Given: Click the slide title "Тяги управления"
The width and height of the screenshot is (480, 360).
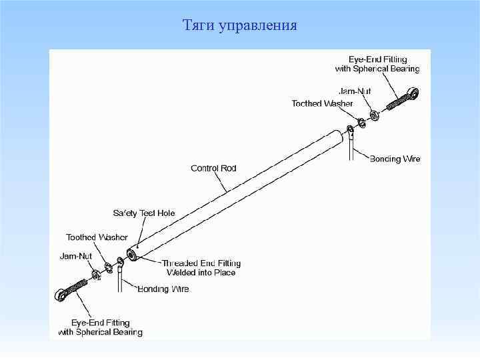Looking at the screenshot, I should (x=240, y=26).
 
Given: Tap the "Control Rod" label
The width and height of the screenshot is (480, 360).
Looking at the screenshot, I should (x=213, y=169).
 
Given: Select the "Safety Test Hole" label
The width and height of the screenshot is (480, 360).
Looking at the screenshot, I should (x=144, y=213).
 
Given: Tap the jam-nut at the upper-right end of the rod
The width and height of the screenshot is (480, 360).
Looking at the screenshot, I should (x=375, y=115).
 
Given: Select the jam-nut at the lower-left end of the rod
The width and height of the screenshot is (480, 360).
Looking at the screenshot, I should (x=97, y=273).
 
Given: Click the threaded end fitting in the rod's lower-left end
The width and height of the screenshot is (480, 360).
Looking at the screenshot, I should (x=133, y=255).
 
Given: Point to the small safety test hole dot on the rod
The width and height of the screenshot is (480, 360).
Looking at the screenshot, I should (x=138, y=245).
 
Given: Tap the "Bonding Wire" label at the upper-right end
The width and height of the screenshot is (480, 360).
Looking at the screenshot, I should (x=395, y=159).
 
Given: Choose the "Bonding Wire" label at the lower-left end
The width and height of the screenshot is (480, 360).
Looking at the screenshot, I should (x=163, y=289).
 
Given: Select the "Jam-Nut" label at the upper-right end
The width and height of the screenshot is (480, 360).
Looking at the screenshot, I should (x=355, y=91).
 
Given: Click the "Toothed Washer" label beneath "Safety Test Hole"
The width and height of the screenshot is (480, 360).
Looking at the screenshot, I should (x=97, y=237).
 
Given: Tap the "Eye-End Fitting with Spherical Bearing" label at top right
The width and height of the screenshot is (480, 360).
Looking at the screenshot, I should (x=377, y=64).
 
